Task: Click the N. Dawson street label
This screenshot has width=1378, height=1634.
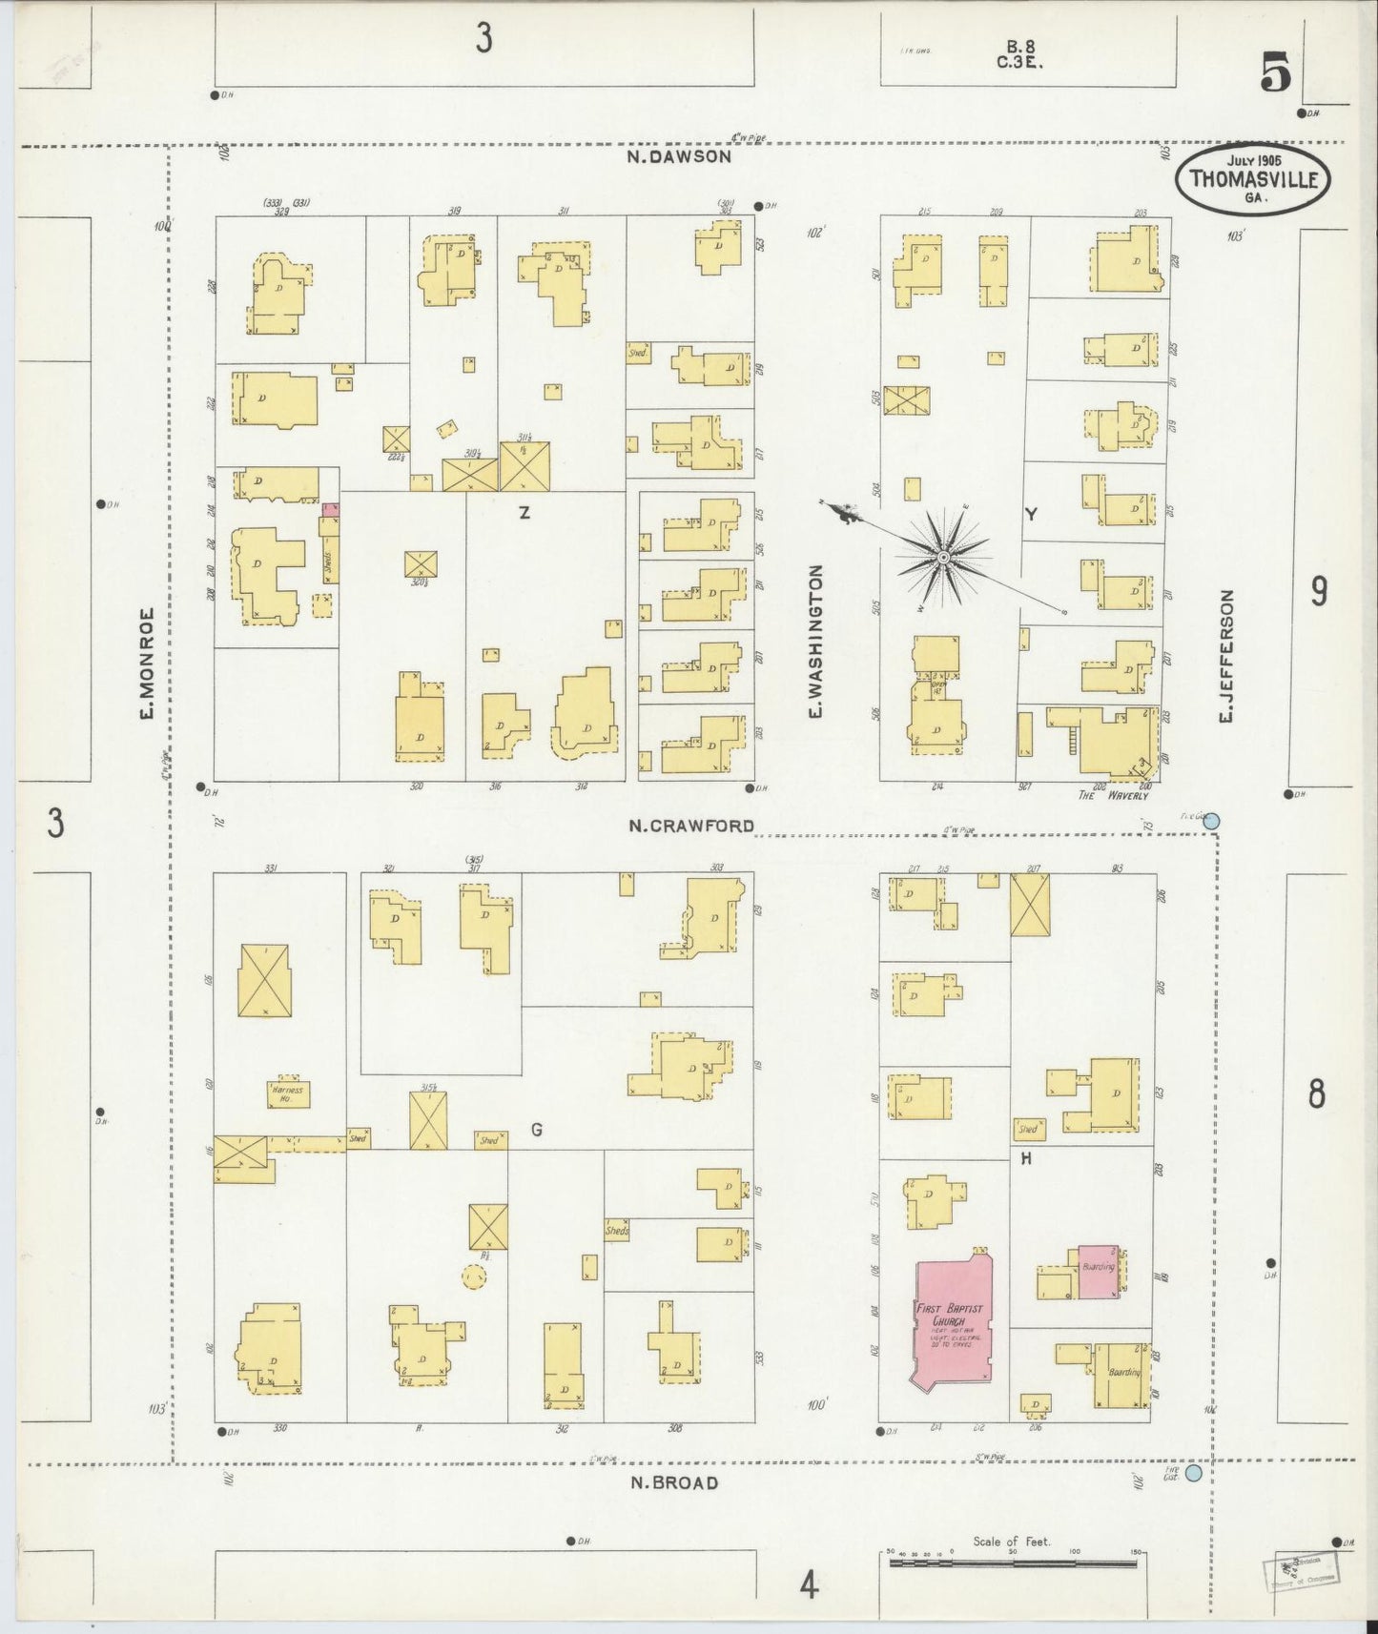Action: (679, 157)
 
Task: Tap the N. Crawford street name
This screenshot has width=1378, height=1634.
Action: (690, 826)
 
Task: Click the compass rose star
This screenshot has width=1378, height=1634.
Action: (942, 557)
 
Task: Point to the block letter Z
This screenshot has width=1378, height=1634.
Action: (524, 514)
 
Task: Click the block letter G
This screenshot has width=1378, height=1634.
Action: (537, 1130)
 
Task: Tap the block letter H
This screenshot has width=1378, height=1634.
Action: (1026, 1159)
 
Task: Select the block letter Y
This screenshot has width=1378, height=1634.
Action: (1030, 515)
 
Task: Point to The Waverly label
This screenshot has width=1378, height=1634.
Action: (1113, 795)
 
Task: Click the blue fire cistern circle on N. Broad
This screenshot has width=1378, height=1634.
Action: (1192, 1473)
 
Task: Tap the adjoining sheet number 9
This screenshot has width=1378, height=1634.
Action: (1318, 592)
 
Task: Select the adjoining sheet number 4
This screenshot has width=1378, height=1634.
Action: (809, 1586)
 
